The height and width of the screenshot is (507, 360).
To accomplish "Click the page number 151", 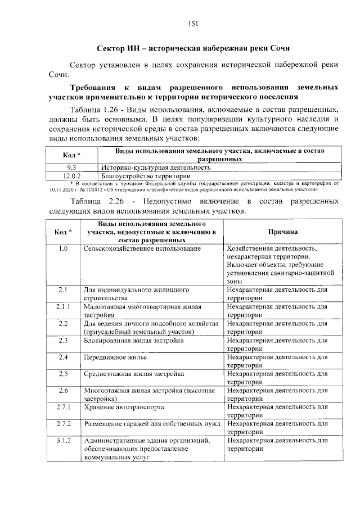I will [x=191, y=24].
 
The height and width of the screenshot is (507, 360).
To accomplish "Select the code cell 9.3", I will [x=71, y=168].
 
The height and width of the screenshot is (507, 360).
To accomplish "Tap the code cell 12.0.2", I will [x=71, y=175].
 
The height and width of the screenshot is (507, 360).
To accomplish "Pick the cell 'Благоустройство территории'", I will [x=143, y=175].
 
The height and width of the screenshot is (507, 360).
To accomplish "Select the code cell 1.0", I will [x=63, y=248].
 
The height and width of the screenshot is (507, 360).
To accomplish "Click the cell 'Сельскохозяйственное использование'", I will [x=142, y=248].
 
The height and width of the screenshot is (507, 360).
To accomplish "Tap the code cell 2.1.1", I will [x=63, y=307].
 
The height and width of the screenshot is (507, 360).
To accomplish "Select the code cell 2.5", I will [x=63, y=374].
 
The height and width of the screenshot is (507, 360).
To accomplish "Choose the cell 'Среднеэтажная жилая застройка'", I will [x=134, y=374].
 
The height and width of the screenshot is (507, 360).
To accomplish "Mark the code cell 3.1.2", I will [x=63, y=441].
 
